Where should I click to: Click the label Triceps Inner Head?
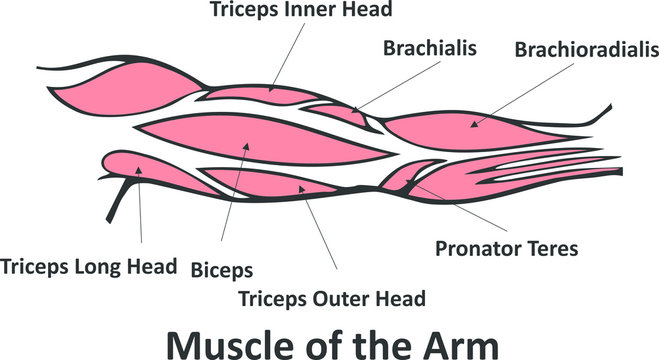click(x=300, y=11)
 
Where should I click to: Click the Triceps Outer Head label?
click(x=332, y=297)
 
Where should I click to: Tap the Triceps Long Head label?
click(x=89, y=267)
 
